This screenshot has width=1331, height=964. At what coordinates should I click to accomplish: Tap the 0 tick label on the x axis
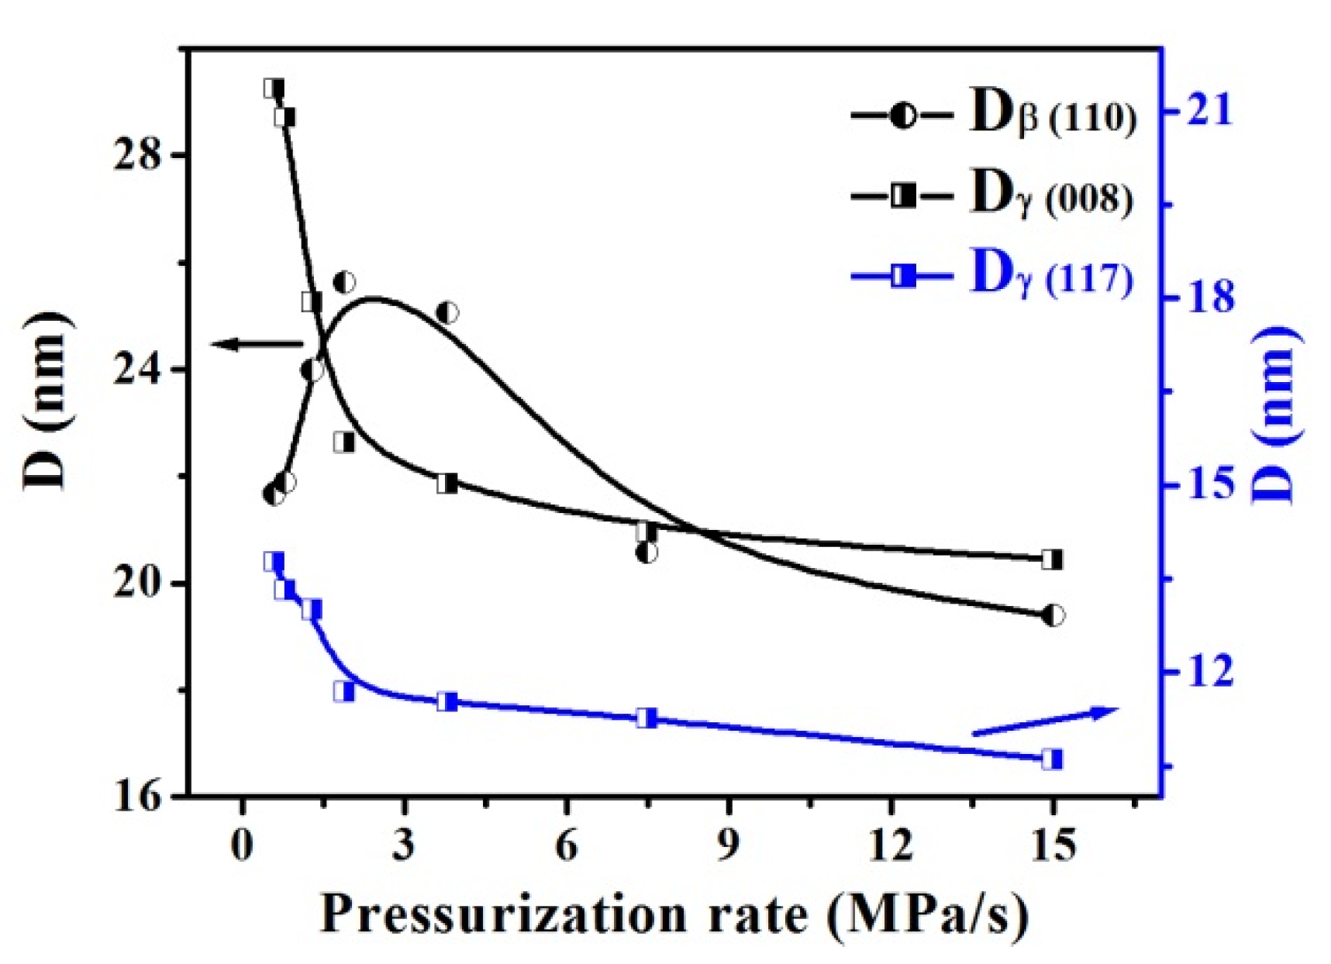tap(243, 845)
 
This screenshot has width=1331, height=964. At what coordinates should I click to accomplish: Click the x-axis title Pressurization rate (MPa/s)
tap(674, 915)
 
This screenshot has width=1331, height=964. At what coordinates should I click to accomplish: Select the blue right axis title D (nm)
tap(1275, 415)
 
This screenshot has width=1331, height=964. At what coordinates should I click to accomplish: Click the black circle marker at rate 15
tap(1053, 615)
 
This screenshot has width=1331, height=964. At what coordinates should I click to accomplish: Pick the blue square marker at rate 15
tap(1052, 759)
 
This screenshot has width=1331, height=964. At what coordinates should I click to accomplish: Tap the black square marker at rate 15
tap(1052, 559)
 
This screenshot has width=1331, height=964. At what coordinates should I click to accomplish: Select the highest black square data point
tap(273, 88)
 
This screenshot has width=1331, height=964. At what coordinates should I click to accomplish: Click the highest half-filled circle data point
tap(344, 282)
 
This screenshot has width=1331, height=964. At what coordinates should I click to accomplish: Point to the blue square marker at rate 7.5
tap(647, 718)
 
